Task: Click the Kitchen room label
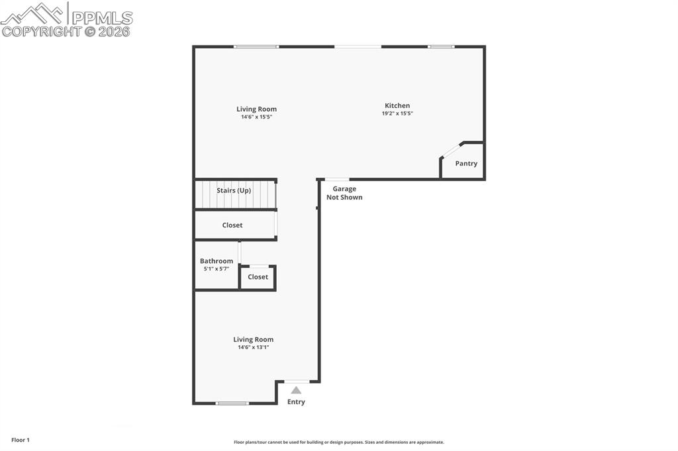point(397,105)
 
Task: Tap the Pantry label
point(466,163)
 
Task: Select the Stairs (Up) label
point(234,190)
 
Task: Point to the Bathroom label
point(217,261)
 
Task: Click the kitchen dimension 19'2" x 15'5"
point(397,114)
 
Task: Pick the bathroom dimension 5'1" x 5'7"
point(216,269)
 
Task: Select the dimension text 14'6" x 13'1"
point(253,347)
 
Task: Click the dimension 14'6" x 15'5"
point(257,117)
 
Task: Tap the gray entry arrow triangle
point(296,390)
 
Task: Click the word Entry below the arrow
point(296,402)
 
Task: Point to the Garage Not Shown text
point(344,193)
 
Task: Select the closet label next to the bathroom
point(258,277)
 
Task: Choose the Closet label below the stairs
point(232,225)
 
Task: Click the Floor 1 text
point(21,440)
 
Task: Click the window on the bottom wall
point(232,403)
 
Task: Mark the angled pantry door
point(452,149)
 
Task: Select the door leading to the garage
point(337,179)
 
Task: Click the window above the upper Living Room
point(256,46)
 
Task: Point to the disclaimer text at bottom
point(339,442)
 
